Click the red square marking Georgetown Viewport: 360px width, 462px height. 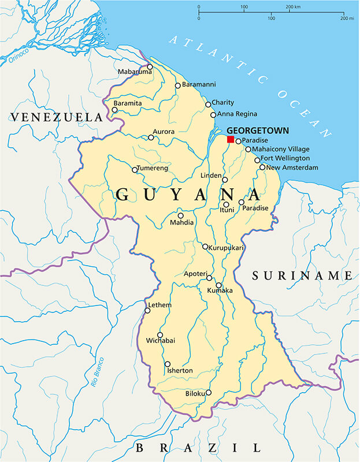pyautogui.click(x=231, y=140)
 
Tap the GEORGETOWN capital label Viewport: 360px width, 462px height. pyautogui.click(x=257, y=131)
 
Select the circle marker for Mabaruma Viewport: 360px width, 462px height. pyautogui.click(x=150, y=66)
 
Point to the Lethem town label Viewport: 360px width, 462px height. pyautogui.click(x=159, y=304)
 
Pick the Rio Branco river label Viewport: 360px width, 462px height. pyautogui.click(x=99, y=372)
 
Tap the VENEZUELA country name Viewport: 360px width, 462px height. pyautogui.click(x=56, y=117)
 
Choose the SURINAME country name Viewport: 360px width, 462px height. pyautogui.click(x=302, y=276)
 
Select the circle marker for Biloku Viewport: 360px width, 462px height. pyautogui.click(x=208, y=393)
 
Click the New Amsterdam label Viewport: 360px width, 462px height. pyautogui.click(x=292, y=167)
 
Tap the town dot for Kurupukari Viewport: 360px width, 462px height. pyautogui.click(x=205, y=247)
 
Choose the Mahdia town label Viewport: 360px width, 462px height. pyautogui.click(x=182, y=222)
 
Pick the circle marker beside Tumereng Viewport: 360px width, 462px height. pyautogui.click(x=135, y=170)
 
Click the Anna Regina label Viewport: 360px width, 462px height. pyautogui.click(x=237, y=114)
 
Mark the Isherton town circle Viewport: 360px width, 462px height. pyautogui.click(x=168, y=364)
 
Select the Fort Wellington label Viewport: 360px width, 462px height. pyautogui.click(x=285, y=158)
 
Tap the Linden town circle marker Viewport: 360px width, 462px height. pyautogui.click(x=225, y=180)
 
